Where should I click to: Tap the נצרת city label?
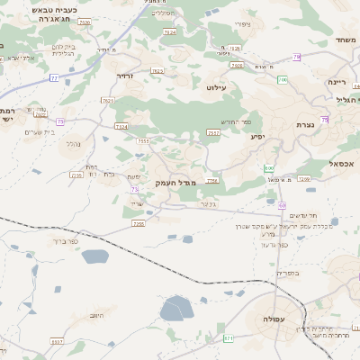point(303,124)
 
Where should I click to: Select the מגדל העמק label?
point(175,183)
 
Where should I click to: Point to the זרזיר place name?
point(125,76)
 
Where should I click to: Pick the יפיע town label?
point(257,139)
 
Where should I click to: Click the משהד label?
point(347,40)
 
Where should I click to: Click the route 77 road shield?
point(54,79)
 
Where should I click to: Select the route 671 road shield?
point(229,338)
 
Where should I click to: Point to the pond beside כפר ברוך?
point(94,256)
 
